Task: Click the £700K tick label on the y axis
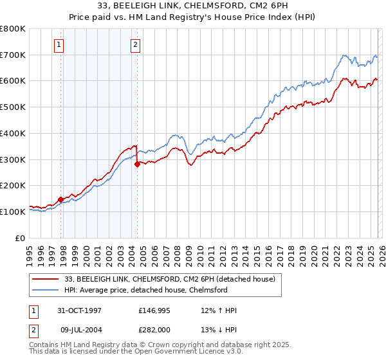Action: pyautogui.click(x=13, y=55)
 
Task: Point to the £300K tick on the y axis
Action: pyautogui.click(x=13, y=159)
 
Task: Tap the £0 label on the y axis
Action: pyautogui.click(x=21, y=238)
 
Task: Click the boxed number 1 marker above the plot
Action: pyautogui.click(x=59, y=45)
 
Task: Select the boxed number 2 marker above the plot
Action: pyautogui.click(x=136, y=45)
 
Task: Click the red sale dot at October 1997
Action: pyautogui.click(x=61, y=199)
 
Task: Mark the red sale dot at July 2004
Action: pyautogui.click(x=137, y=164)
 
